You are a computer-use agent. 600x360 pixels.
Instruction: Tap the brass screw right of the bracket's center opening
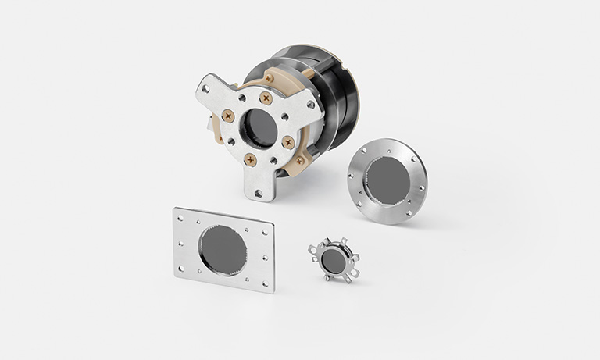tap(288, 141)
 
